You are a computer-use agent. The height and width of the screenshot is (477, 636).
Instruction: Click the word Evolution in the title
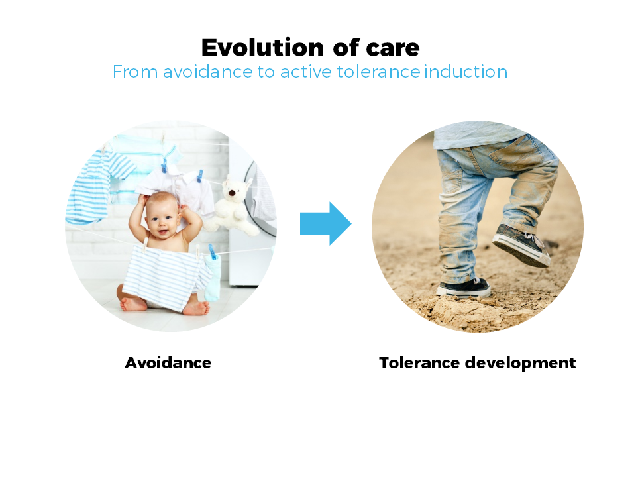(x=262, y=48)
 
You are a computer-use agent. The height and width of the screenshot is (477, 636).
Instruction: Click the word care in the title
(x=393, y=48)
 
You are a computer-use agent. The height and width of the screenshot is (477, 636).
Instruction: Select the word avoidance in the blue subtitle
(x=208, y=72)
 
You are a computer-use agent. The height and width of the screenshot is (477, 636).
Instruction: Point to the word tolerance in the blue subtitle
(x=378, y=72)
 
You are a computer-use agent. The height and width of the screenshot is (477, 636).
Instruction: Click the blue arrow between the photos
(x=326, y=223)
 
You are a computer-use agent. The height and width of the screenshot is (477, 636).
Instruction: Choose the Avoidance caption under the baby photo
(x=168, y=362)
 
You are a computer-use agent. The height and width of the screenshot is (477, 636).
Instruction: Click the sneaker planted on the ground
(x=463, y=287)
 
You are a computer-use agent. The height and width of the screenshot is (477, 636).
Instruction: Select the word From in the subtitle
(x=134, y=72)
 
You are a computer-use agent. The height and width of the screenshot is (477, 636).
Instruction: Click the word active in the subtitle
(x=306, y=72)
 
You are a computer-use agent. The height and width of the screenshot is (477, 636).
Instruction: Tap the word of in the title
(x=346, y=48)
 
